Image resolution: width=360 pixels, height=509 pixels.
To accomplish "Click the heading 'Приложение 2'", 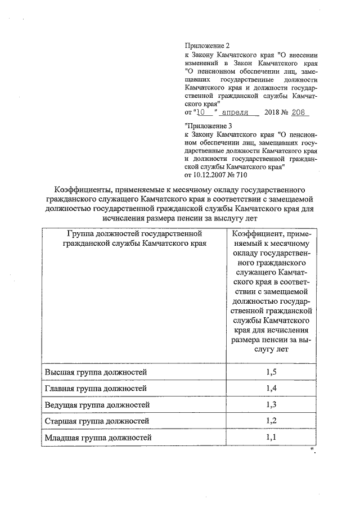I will pos(208,45).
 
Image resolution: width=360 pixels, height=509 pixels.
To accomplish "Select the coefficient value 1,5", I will pos(271,372).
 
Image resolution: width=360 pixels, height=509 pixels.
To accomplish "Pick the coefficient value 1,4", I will pos(271,389).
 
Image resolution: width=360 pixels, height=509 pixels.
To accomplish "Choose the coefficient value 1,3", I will pos(271,404).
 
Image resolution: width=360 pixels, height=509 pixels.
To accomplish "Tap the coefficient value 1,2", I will pos(271,421).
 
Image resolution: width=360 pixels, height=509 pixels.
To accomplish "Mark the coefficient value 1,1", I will pos(271,437).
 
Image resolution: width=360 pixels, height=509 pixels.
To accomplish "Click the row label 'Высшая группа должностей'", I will pos(95,372).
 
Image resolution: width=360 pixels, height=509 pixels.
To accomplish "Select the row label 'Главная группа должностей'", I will pos(96,389).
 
